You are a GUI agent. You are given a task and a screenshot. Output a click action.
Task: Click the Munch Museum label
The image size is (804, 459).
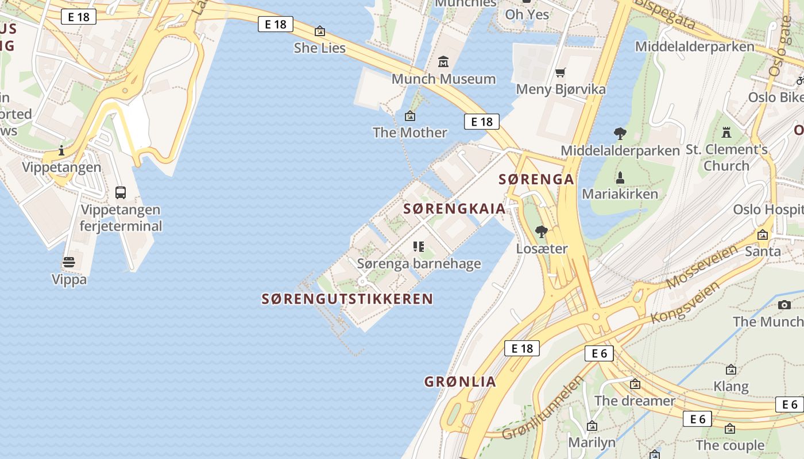click(x=443, y=79)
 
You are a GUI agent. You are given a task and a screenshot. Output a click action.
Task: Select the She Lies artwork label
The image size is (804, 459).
click(x=320, y=48)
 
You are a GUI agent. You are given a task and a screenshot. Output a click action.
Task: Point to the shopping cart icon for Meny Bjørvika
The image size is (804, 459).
click(x=561, y=72)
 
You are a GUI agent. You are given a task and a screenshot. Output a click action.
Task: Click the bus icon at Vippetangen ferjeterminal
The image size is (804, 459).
click(x=121, y=193)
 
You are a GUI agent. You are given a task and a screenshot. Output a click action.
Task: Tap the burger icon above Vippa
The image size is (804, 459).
click(x=69, y=263)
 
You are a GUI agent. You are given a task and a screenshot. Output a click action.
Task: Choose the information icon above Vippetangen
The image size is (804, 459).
click(x=61, y=151)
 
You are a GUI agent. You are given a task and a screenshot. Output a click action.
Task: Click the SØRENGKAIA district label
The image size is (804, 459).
click(x=454, y=209)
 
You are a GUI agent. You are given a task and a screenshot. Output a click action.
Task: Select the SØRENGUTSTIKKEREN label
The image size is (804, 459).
click(x=347, y=299)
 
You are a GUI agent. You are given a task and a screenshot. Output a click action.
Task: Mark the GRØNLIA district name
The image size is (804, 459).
click(x=460, y=382)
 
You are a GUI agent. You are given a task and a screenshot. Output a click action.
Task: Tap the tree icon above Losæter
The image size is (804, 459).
click(x=541, y=232)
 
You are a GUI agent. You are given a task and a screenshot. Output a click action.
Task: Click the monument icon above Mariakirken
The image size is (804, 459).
click(x=620, y=177)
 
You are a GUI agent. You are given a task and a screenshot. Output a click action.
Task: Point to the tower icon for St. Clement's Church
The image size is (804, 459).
click(x=726, y=133)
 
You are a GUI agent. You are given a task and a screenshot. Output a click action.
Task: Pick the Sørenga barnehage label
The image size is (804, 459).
click(x=419, y=264)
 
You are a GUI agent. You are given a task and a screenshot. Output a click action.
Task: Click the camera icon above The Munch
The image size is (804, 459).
click(x=784, y=305)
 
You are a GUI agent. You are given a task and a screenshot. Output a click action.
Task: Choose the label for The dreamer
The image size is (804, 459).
click(x=635, y=400)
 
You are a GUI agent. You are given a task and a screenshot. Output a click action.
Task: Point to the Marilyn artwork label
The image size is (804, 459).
click(x=592, y=442)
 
